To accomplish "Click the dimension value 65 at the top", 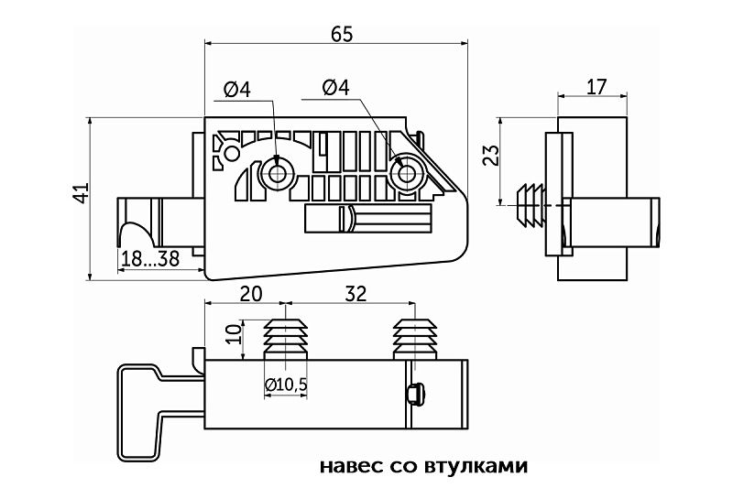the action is (342, 34).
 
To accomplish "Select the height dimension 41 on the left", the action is (82, 192).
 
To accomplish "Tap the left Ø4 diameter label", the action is (237, 89).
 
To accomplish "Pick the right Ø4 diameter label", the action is (335, 87).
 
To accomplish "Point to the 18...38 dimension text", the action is (150, 258).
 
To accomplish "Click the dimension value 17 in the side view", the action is (596, 87).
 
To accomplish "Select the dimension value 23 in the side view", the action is (491, 156).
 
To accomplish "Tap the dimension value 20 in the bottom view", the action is (251, 294).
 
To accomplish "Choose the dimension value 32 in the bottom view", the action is (356, 294).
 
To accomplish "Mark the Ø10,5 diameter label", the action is (286, 385).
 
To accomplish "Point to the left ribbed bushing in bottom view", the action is (286, 340).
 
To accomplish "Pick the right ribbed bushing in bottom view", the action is (415, 340).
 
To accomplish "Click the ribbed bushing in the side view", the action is (531, 205).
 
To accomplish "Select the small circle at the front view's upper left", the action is (233, 153).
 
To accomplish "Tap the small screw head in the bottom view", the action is (416, 394).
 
